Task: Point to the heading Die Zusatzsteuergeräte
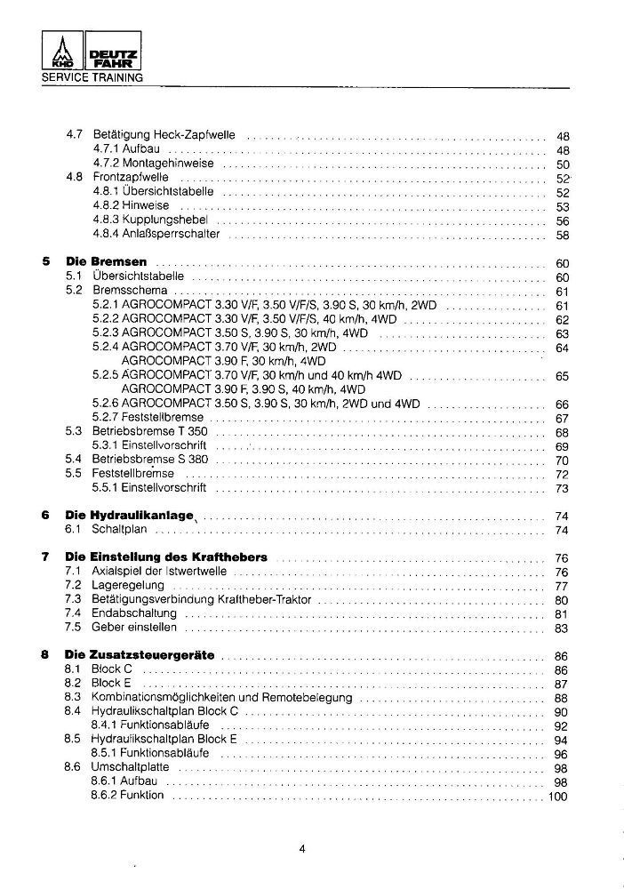pyautogui.click(x=140, y=655)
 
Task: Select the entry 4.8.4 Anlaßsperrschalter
pyautogui.click(x=156, y=235)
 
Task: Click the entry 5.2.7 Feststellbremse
pyautogui.click(x=148, y=417)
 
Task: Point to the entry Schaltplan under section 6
pyautogui.click(x=120, y=530)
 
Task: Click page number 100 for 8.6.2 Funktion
pyautogui.click(x=557, y=796)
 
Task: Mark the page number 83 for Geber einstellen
pyautogui.click(x=561, y=629)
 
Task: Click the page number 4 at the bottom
pyautogui.click(x=303, y=848)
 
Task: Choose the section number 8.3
pyautogui.click(x=74, y=697)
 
